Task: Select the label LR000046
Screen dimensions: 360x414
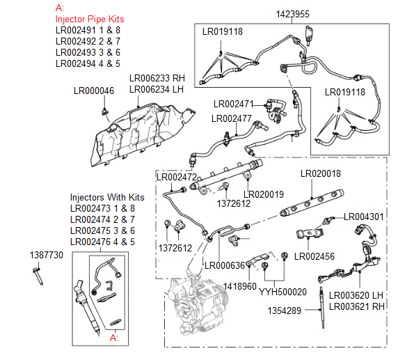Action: point(94,91)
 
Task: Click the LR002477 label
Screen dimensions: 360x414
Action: point(232,118)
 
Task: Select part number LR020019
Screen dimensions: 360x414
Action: point(264,194)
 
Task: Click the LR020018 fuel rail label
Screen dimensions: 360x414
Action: point(321,173)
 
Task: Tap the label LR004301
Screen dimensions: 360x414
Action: point(364,217)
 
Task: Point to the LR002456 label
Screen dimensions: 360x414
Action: point(315,256)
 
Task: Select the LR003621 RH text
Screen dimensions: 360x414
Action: point(356,305)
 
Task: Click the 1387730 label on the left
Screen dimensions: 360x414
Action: point(47,256)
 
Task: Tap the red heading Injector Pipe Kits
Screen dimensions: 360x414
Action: point(91,19)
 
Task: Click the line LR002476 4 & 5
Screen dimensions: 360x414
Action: point(102,242)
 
